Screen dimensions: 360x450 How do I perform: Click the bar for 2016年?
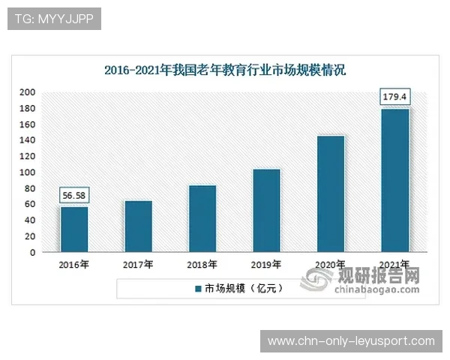click(74, 229)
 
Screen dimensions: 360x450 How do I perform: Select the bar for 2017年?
click(138, 226)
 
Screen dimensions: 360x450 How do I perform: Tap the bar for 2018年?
click(202, 218)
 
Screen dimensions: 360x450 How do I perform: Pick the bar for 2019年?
click(267, 210)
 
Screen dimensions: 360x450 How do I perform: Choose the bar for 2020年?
click(331, 193)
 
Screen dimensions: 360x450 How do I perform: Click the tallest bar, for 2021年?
click(395, 180)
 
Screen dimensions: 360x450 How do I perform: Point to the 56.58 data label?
click(74, 195)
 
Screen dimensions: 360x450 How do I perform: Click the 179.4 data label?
click(395, 97)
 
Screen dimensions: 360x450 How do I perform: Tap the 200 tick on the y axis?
click(28, 92)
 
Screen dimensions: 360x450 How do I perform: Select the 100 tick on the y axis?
click(28, 172)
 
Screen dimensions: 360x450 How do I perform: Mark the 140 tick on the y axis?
click(28, 140)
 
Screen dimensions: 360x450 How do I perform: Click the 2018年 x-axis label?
click(202, 265)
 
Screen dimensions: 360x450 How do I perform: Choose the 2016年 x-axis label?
click(74, 265)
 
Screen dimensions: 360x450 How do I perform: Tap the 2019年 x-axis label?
click(267, 265)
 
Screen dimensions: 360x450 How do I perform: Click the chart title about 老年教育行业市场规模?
click(225, 71)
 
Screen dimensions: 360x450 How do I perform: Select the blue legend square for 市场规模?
click(198, 289)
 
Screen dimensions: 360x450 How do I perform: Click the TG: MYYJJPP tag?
click(53, 19)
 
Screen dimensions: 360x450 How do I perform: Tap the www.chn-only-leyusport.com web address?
click(351, 341)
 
